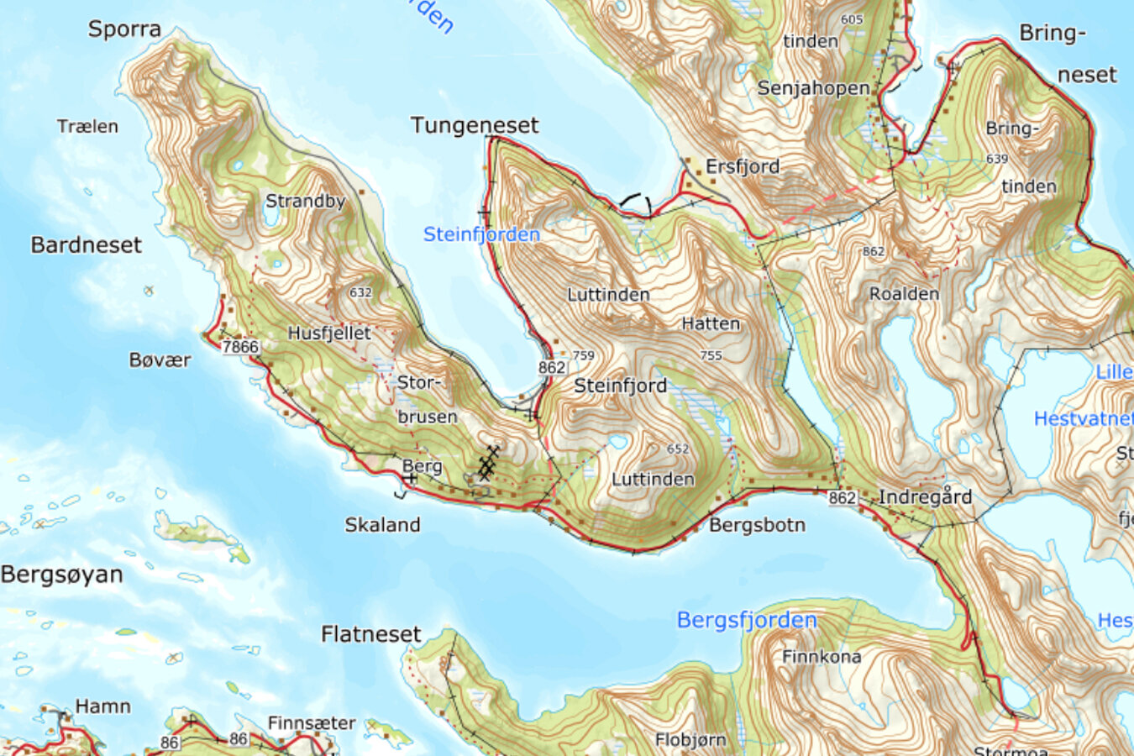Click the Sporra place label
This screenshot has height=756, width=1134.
click(124, 29)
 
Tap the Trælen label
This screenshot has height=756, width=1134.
click(87, 127)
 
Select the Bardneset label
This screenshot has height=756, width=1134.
click(87, 245)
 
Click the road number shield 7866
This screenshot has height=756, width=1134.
click(240, 346)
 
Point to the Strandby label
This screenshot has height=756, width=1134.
click(306, 202)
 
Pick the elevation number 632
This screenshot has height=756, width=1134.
click(360, 292)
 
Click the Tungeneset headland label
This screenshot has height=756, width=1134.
click(475, 126)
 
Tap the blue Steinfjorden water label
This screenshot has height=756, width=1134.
click(481, 234)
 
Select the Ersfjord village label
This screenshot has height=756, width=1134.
click(743, 166)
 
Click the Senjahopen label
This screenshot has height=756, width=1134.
click(813, 88)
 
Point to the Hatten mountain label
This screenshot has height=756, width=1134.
click(711, 323)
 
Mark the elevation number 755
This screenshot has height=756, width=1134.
click(711, 355)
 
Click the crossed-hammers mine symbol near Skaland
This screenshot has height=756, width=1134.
click(488, 463)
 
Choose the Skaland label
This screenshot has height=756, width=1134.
click(382, 525)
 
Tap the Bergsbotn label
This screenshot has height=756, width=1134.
click(757, 526)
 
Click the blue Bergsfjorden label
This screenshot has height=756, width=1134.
click(747, 621)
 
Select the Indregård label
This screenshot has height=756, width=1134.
click(925, 497)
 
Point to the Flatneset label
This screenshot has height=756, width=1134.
click(370, 634)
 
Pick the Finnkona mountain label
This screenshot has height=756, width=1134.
click(821, 657)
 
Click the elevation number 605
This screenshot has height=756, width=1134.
click(851, 19)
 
